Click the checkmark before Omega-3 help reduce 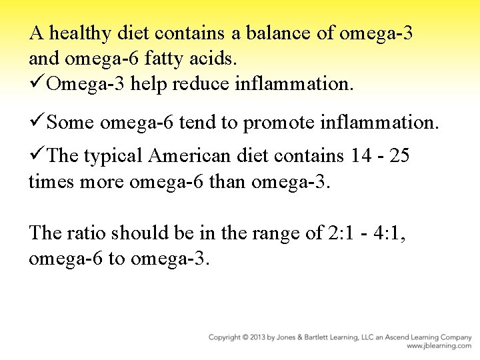pyautogui.click(x=37, y=84)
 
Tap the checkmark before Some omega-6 pyautogui.click(x=37, y=123)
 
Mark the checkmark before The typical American pyautogui.click(x=37, y=155)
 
